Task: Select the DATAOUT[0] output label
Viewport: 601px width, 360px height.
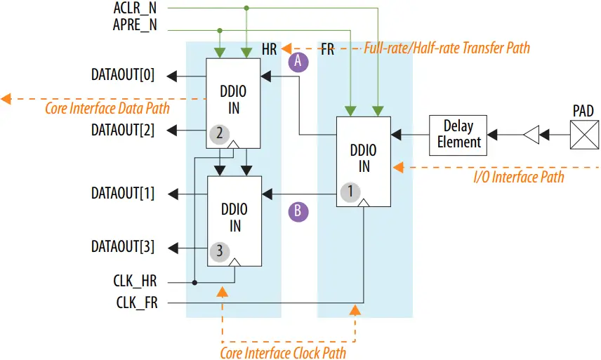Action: [123, 75]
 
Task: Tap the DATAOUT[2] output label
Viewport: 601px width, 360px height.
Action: [123, 130]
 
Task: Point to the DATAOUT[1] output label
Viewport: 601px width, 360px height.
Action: [123, 194]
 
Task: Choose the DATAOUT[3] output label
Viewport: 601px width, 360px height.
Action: [123, 247]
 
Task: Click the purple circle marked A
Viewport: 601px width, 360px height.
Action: [298, 62]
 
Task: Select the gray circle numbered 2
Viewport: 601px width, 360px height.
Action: [219, 133]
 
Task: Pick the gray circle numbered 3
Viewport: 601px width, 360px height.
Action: [219, 251]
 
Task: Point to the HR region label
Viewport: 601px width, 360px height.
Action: [269, 50]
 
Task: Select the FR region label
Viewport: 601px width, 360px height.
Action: [327, 50]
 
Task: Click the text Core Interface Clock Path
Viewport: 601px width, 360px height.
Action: [283, 352]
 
